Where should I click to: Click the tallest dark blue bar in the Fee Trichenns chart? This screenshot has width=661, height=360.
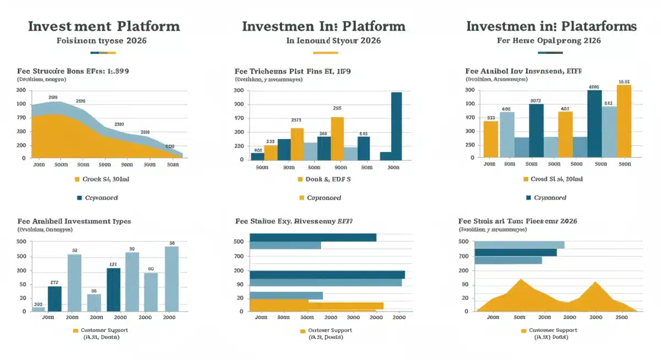tap(396, 126)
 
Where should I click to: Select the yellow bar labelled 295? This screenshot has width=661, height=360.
tap(337, 138)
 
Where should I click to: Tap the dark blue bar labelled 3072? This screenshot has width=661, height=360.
tap(536, 130)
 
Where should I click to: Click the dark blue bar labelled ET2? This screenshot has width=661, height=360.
tap(55, 298)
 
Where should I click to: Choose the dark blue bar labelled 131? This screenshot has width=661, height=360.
tap(113, 289)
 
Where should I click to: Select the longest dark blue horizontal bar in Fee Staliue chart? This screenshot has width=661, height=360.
tap(327, 274)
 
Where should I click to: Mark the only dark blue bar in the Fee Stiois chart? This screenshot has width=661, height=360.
tap(515, 252)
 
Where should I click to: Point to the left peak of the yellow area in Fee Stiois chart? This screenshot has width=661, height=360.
tap(521, 280)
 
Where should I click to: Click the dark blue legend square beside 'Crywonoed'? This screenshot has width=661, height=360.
tap(79, 198)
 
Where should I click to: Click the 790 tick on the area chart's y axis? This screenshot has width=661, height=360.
tap(21, 118)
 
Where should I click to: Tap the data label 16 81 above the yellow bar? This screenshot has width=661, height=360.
tap(624, 81)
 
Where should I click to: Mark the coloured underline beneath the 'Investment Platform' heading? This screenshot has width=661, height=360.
tap(102, 53)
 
